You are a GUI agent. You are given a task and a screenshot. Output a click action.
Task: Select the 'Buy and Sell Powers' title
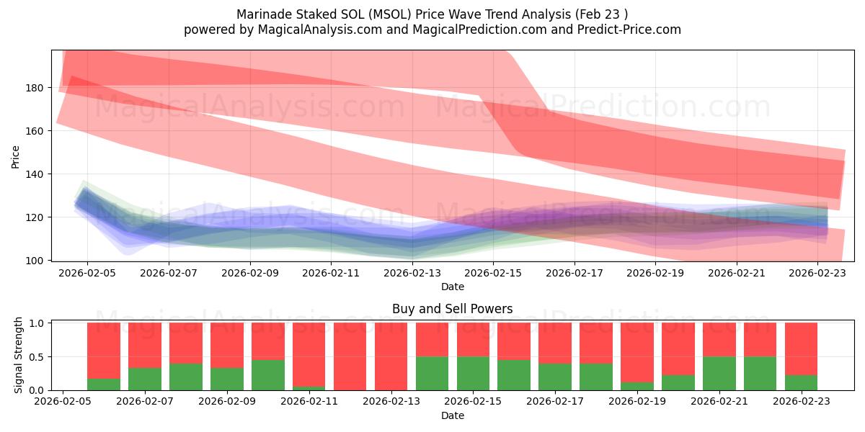(452, 309)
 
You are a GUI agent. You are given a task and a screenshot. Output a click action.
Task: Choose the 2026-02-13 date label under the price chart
(412, 274)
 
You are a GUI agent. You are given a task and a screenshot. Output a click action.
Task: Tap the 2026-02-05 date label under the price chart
(87, 274)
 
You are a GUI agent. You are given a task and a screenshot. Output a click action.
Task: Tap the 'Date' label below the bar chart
(452, 415)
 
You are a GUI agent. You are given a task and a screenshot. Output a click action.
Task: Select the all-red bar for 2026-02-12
(350, 356)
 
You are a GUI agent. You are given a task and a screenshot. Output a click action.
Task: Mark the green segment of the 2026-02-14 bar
(432, 374)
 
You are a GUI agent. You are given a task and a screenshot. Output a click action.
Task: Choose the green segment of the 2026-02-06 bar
(104, 384)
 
